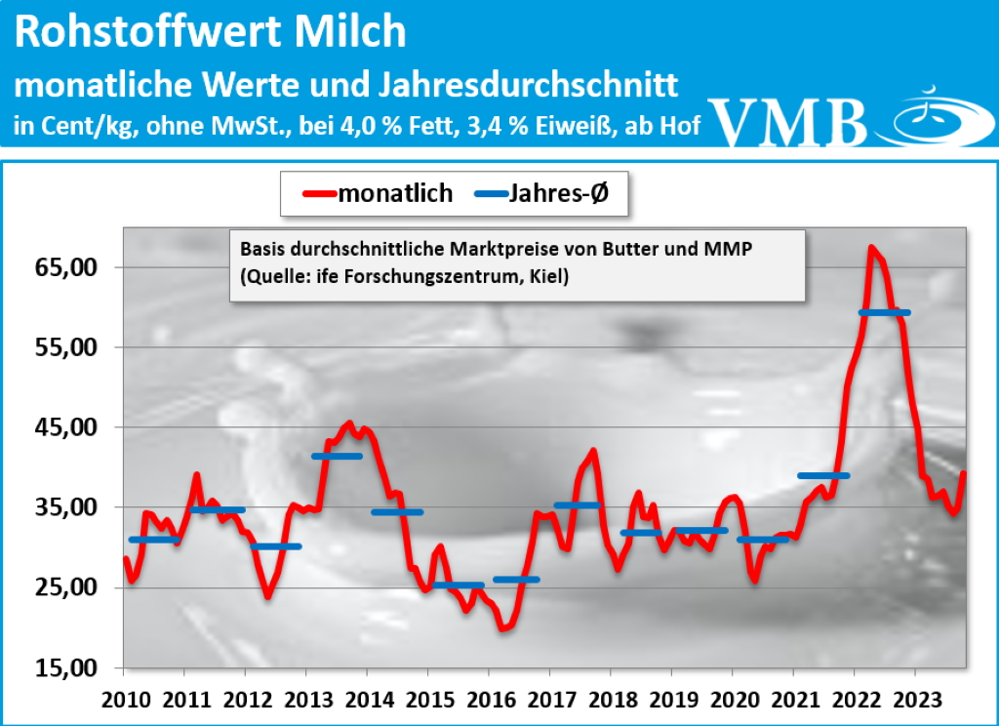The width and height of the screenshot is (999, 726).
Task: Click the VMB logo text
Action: click(x=791, y=122)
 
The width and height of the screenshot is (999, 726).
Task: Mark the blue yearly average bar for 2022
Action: click(x=884, y=312)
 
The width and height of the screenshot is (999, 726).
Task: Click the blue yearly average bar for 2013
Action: click(x=337, y=456)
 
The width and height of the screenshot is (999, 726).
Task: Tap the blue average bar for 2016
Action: click(x=516, y=580)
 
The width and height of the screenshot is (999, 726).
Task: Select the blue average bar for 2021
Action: click(x=823, y=475)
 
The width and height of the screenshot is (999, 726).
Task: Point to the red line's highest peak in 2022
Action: click(x=870, y=248)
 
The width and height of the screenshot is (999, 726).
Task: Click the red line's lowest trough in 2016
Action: click(x=503, y=628)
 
